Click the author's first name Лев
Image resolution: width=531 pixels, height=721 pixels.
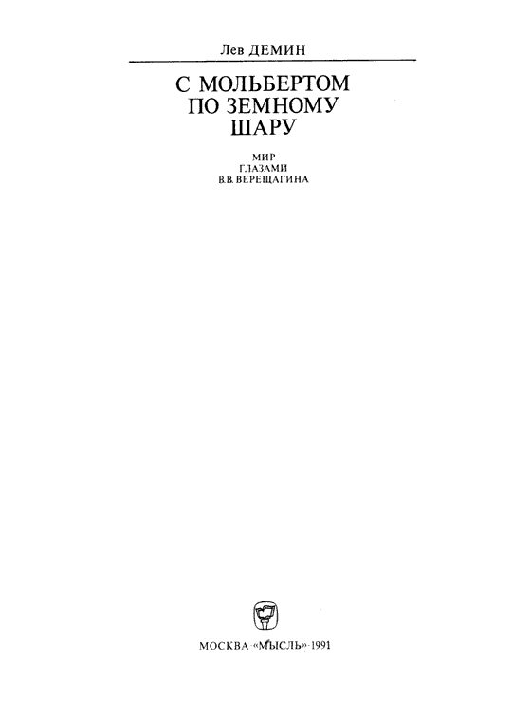point(232,49)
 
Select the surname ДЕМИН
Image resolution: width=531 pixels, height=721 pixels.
point(276,50)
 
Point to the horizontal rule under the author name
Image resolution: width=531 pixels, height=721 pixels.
point(272,61)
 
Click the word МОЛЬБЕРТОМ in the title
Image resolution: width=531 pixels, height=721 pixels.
point(275,83)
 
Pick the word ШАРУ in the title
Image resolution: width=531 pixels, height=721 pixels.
point(262,127)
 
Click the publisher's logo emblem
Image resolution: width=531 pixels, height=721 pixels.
point(265,616)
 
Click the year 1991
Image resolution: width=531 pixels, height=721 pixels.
point(320,646)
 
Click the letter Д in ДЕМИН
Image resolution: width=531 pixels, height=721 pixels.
point(254,50)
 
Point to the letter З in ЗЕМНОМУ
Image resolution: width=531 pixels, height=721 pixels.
point(229,105)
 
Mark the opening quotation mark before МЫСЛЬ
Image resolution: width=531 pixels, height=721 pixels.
point(256,645)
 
